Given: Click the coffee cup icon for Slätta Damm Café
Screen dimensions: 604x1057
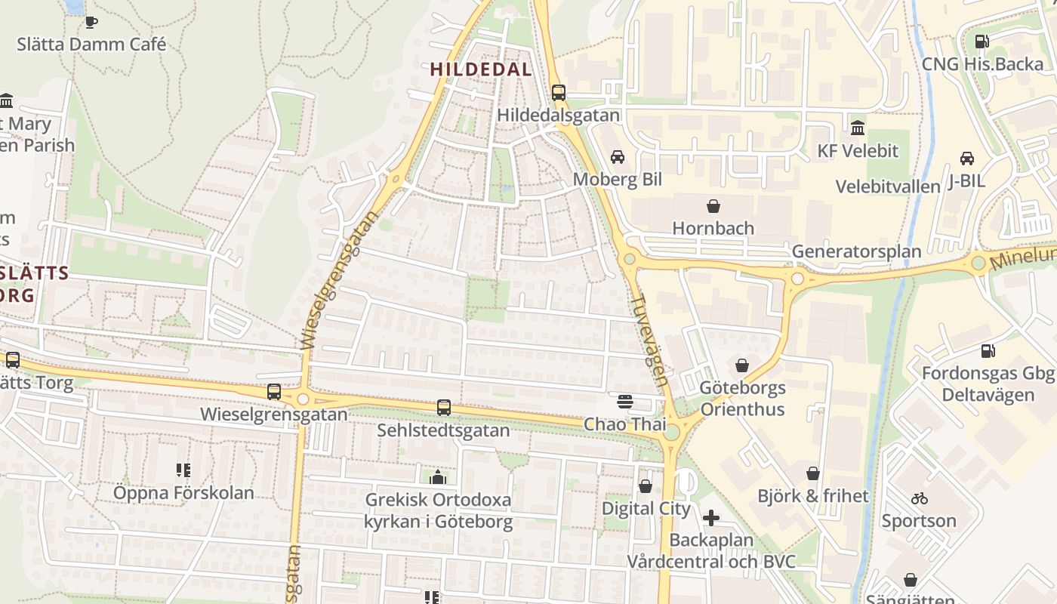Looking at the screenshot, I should pos(91,22).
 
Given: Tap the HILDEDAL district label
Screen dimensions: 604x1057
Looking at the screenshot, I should pos(481,69).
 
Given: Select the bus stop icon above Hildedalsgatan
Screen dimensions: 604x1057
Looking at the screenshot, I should pos(558,93).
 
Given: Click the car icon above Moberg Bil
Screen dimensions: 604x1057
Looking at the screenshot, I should pos(618,157).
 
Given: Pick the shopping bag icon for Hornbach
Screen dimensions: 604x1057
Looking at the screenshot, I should pos(713,205).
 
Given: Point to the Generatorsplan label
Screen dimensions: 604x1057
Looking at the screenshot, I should pos(856,251).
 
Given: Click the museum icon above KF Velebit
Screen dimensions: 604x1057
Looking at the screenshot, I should pos(858,128).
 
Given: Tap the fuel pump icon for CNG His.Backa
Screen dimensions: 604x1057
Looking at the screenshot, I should pos(981,42).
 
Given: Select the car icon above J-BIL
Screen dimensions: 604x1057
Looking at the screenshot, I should pos(966,159).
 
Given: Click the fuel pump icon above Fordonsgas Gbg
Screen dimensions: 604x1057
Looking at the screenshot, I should pos(988,351).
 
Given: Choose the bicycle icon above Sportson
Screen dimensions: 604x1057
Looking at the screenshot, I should pos(919,498).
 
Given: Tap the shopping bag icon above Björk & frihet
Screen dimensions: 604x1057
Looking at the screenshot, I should pos(813,473).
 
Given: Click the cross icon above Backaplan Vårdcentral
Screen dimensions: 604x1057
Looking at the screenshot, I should pos(711,518).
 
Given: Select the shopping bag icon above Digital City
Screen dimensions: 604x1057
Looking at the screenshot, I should pos(646,486).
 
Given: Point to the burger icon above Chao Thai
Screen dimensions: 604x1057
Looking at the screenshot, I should pos(624,402).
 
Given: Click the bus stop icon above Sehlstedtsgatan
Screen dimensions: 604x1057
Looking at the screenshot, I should pos(444,408).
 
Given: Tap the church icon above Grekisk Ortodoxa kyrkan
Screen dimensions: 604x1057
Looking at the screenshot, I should pos(438,477).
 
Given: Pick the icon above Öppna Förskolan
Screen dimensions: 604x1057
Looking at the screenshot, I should pos(183,470).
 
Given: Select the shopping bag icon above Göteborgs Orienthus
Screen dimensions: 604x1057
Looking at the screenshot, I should pos(742,365).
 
